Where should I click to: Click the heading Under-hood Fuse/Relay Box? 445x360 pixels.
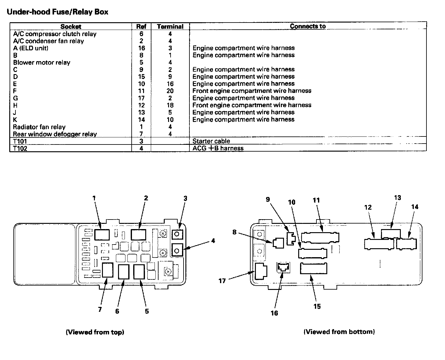click(57, 12)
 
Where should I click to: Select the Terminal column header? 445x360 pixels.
click(170, 27)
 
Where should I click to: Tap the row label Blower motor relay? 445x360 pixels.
click(42, 62)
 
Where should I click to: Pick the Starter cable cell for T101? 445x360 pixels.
click(211, 141)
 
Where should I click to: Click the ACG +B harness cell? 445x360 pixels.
click(218, 148)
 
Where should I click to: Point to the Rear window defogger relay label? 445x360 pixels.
click(55, 134)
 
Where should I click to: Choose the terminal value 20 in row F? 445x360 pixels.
click(170, 91)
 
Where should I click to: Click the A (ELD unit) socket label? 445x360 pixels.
click(31, 48)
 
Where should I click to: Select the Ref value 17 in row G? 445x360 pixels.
click(141, 98)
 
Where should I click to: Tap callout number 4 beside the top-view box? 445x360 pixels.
click(213, 241)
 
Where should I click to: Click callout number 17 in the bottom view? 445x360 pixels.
click(222, 281)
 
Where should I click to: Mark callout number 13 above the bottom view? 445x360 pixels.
click(397, 197)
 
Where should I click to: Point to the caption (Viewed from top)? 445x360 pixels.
click(95, 332)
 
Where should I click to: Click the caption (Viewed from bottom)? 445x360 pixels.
click(339, 332)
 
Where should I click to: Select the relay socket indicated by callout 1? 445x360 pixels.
click(102, 235)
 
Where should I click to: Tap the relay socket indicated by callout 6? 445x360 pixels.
click(124, 271)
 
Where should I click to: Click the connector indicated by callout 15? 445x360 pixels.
click(313, 268)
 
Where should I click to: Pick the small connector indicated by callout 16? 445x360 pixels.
click(283, 267)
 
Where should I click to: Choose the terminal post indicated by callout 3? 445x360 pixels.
click(177, 234)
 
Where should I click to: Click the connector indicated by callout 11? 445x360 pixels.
click(320, 237)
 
